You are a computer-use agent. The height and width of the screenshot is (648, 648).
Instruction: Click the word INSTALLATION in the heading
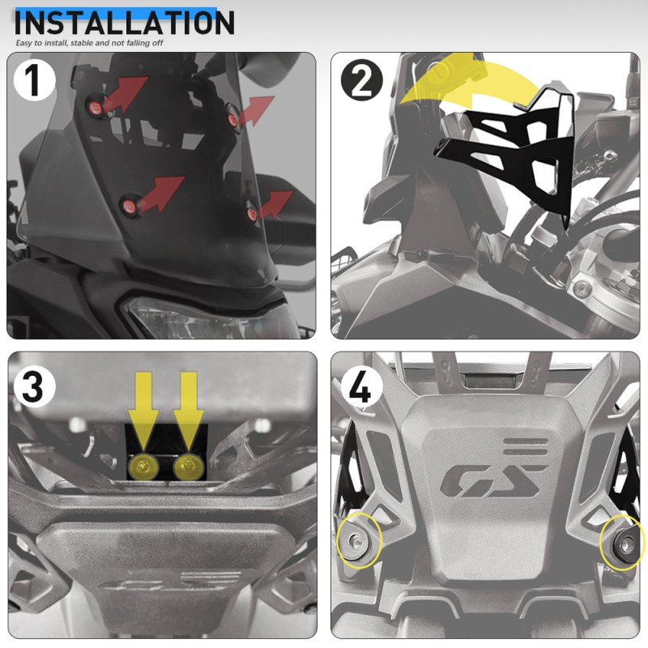pos(125,23)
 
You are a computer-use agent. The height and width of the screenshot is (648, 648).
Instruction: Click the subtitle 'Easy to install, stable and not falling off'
pos(89,43)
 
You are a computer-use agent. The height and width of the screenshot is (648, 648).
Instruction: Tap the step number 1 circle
pos(34,80)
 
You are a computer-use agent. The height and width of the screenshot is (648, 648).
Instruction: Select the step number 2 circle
pos(362,80)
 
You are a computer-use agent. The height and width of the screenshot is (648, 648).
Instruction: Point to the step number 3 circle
pos(34,387)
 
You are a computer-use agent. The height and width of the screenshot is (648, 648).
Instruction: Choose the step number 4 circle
pos(360,388)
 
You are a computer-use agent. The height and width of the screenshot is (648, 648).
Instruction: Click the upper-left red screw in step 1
pos(95,108)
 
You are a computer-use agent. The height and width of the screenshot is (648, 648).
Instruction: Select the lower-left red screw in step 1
pos(129,206)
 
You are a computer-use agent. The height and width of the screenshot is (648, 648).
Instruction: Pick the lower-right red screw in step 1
pos(252,214)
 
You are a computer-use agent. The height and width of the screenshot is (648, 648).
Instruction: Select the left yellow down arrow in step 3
pos(143,409)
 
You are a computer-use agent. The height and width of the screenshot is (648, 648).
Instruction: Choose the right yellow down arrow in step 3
pos(189,409)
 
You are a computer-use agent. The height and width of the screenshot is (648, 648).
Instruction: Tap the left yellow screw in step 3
pos(143,467)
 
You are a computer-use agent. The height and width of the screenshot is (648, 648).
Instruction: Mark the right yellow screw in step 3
pos(189,467)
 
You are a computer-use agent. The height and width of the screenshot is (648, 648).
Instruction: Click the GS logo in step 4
pos(492,480)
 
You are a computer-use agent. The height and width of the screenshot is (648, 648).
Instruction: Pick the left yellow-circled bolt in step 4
pos(356,539)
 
